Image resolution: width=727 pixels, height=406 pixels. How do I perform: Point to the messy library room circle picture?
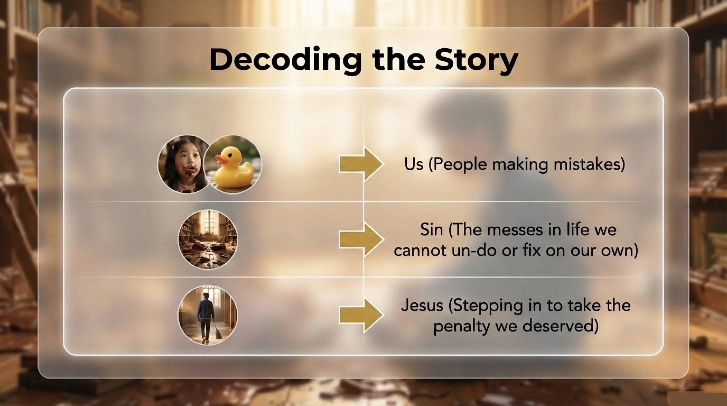(207, 239)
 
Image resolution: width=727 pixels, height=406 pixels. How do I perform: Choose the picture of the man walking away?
(207, 315)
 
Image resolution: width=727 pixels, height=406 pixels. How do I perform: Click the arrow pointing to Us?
(361, 164)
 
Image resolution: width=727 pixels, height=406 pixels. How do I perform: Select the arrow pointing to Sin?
(361, 239)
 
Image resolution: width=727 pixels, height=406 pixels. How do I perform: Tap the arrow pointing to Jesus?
(361, 315)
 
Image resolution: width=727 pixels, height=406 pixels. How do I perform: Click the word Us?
(413, 164)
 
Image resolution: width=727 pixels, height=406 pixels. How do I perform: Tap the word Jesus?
(422, 306)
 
